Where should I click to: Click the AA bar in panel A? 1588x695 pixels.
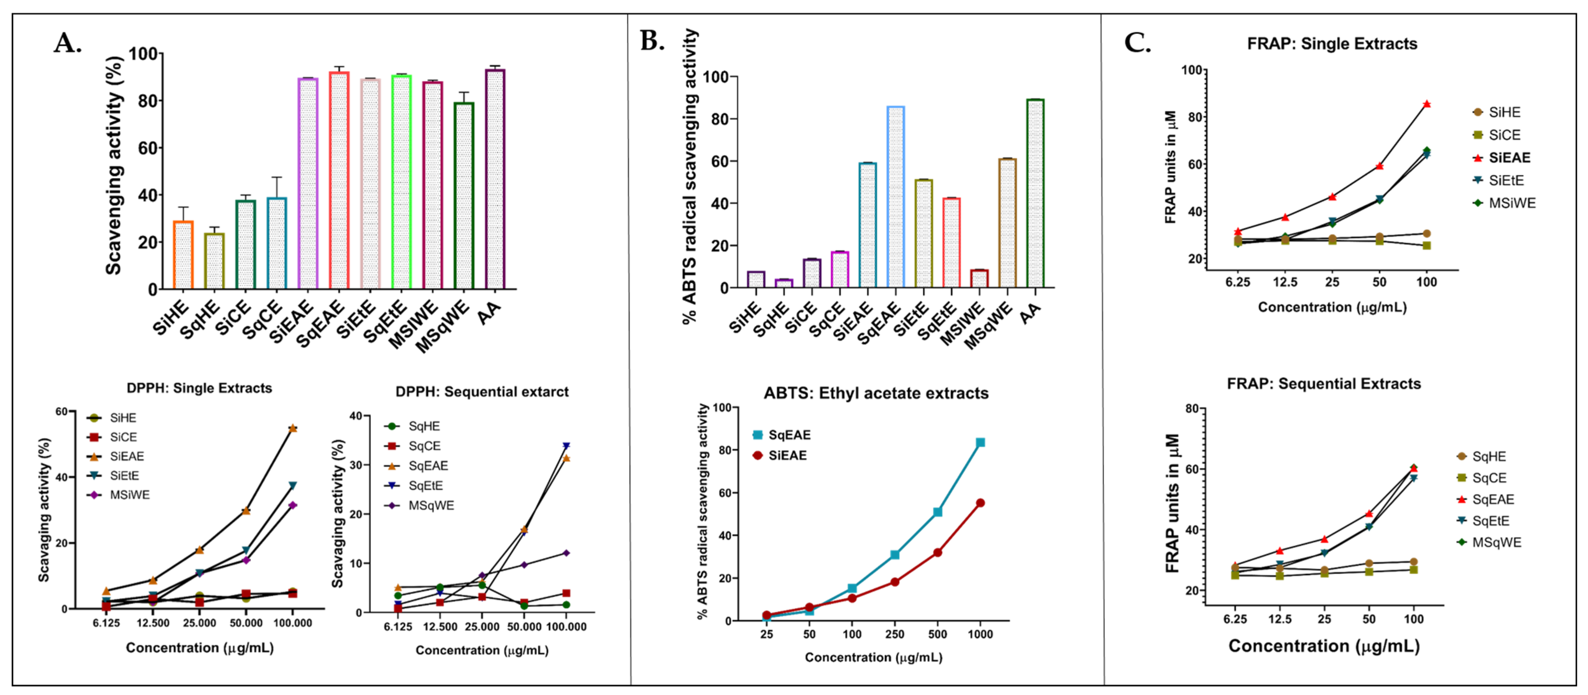coord(495,179)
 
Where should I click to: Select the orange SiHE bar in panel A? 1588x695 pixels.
coord(183,255)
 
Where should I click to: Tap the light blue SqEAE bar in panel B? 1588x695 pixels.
coord(895,197)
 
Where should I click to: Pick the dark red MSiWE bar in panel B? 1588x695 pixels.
coord(979,279)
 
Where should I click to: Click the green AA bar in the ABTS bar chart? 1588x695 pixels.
coord(1035,193)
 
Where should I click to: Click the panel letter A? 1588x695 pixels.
coord(68,43)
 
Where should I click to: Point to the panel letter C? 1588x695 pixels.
coord(1138,43)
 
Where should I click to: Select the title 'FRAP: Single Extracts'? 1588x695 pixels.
coord(1332,44)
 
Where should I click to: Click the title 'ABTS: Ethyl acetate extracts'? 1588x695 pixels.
coord(876,393)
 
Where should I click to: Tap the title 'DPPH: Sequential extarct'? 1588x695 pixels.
coord(482,392)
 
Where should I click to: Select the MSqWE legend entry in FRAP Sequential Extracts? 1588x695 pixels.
coord(1489,543)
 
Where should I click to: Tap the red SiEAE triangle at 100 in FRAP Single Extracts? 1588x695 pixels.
coord(1426,104)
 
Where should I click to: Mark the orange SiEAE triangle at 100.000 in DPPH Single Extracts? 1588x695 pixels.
coord(293,428)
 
